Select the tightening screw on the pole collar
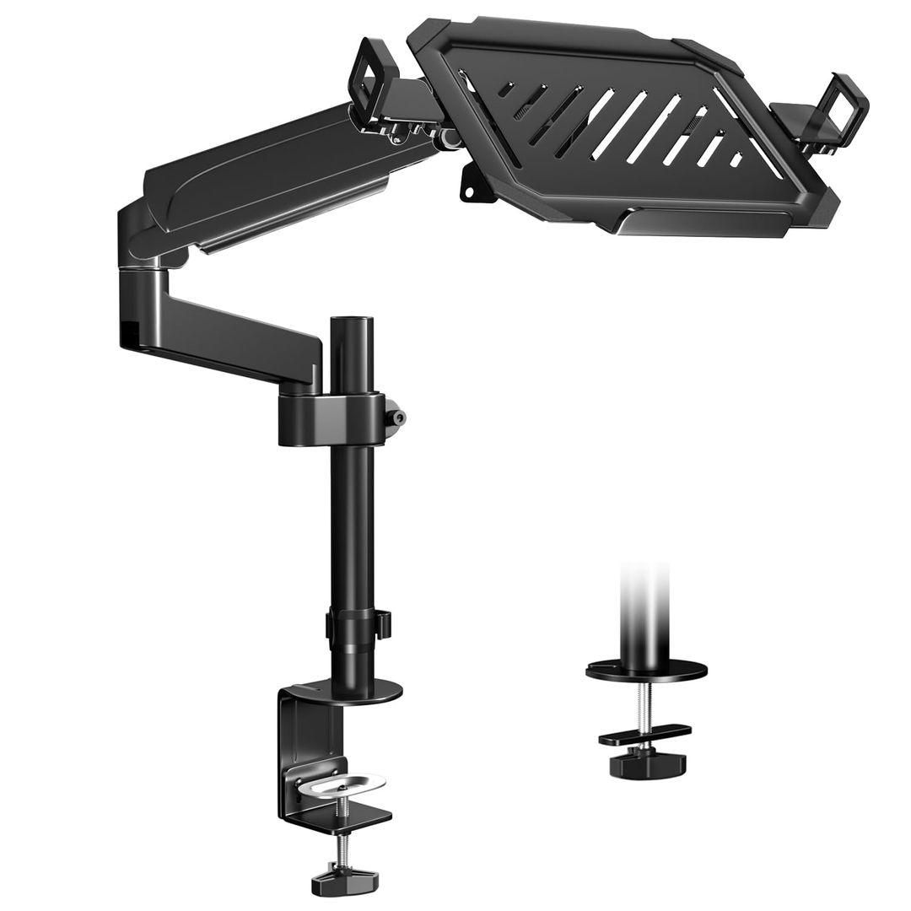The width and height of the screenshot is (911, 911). pyautogui.click(x=395, y=417)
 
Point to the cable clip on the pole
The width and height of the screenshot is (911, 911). pyautogui.click(x=383, y=624)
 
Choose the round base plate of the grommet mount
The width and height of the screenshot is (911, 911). pyautogui.click(x=646, y=671)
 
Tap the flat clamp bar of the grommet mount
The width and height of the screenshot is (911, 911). pyautogui.click(x=646, y=733)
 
